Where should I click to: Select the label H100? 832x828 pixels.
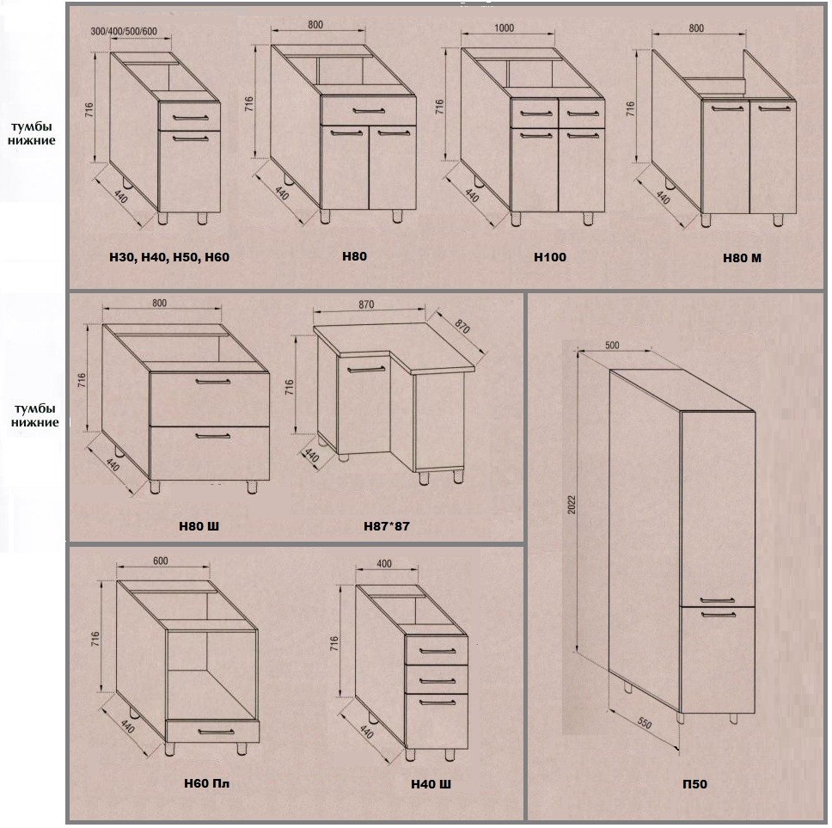pos(550,256)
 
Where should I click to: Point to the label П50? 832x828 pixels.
pos(694,783)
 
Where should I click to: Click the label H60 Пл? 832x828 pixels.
pos(207,783)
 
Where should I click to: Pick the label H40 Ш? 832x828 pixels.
pos(431,784)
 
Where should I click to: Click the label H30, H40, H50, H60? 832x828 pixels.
pos(169,256)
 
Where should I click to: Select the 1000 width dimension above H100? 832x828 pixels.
pos(505,28)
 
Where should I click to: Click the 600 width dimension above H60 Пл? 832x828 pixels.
pos(160,561)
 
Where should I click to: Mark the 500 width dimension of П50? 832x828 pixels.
pos(612,344)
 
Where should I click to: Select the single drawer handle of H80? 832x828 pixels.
pos(367,110)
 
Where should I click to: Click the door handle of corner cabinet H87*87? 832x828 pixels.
pos(367,368)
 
